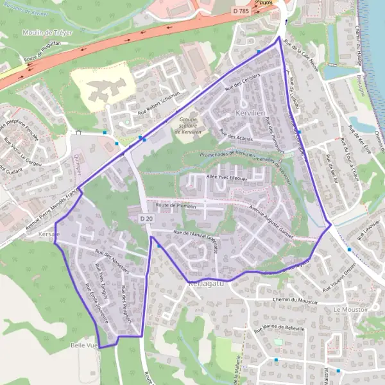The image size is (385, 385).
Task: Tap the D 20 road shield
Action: pyautogui.click(x=146, y=219)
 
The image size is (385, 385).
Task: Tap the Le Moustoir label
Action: pyautogui.click(x=350, y=309)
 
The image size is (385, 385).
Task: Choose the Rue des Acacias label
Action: pyautogui.click(x=236, y=136)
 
